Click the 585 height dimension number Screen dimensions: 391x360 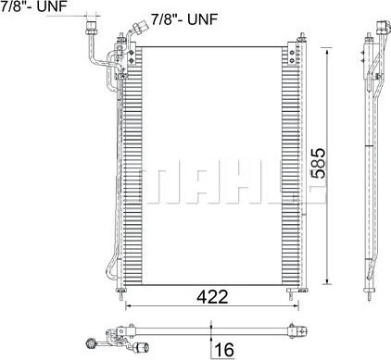click(x=319, y=164)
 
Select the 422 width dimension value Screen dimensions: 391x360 click(x=212, y=296)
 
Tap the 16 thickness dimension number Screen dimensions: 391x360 click(x=224, y=350)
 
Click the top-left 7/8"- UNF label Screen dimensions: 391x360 click(x=33, y=6)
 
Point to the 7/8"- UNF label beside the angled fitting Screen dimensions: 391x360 click(x=184, y=19)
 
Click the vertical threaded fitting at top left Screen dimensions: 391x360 click(x=91, y=28)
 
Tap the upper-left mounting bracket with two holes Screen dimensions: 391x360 click(x=132, y=56)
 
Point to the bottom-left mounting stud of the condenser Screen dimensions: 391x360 click(x=120, y=292)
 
